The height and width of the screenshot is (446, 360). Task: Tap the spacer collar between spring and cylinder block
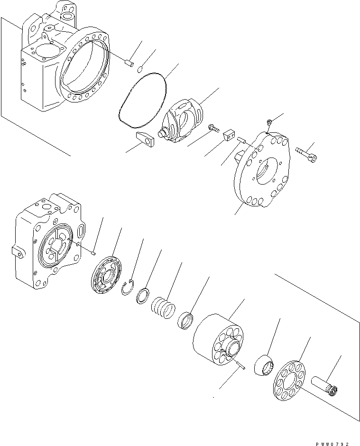coord(186,319)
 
